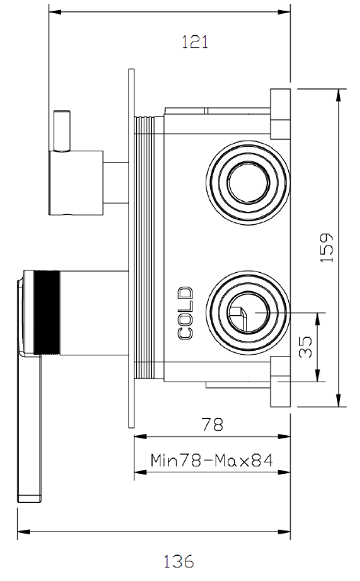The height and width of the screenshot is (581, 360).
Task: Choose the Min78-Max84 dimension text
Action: coord(212,460)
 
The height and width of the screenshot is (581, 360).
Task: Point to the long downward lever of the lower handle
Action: coord(29,428)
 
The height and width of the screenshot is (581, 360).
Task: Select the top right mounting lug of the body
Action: coord(279,107)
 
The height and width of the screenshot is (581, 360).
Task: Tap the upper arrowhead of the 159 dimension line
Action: coord(338,92)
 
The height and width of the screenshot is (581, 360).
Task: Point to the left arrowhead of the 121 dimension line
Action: coord(53,12)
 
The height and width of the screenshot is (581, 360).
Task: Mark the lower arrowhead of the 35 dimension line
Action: coord(319,378)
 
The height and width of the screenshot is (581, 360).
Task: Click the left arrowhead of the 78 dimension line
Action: coord(138,437)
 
